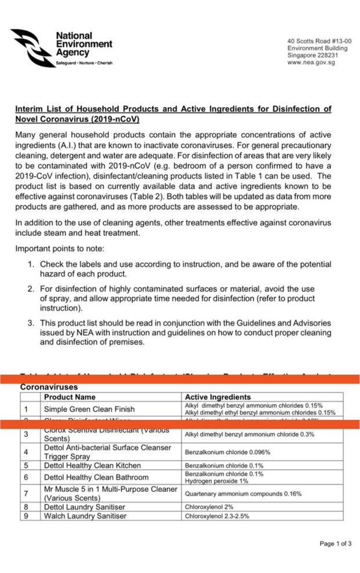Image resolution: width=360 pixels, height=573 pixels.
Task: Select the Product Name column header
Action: click(x=70, y=397)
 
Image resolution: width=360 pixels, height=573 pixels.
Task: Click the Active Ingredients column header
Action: click(x=217, y=397)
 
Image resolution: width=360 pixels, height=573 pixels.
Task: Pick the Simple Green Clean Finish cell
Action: click(x=89, y=409)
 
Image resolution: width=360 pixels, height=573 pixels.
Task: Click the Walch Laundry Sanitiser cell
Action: click(x=85, y=516)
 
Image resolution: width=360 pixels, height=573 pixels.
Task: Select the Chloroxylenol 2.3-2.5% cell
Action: click(x=217, y=516)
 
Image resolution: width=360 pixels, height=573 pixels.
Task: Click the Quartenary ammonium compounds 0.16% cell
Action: click(x=243, y=494)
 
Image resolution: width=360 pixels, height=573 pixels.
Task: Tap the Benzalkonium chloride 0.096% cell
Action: click(x=227, y=452)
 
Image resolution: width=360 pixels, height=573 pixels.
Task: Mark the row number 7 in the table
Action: click(x=27, y=494)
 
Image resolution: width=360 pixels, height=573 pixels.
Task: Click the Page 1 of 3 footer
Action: click(x=336, y=543)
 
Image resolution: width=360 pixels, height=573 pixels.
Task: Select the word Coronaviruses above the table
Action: click(x=49, y=386)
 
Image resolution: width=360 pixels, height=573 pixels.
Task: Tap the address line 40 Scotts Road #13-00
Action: click(x=319, y=41)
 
